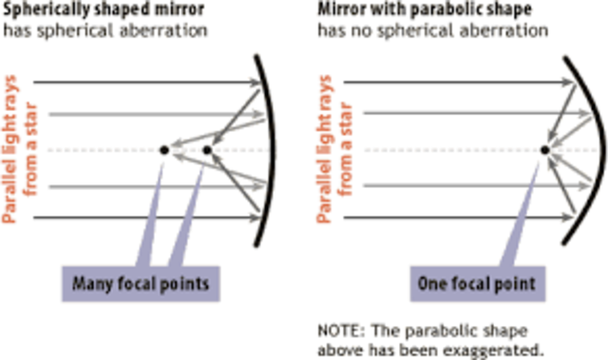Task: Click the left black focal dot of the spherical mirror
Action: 163,150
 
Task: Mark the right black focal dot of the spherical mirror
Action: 207,150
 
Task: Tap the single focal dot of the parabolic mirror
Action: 544,150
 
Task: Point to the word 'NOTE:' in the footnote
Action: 336,331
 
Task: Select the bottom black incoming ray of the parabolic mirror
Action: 446,218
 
